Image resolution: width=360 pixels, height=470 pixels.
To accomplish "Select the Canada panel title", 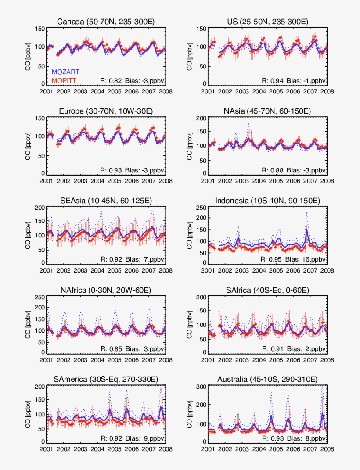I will pos(106,22).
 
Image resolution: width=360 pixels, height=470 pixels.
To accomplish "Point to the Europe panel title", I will pos(106,111).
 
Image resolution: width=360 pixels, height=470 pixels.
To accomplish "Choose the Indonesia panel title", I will pos(268,201).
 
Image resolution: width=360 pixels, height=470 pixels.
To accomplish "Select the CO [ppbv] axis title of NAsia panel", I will pos(190,145).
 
